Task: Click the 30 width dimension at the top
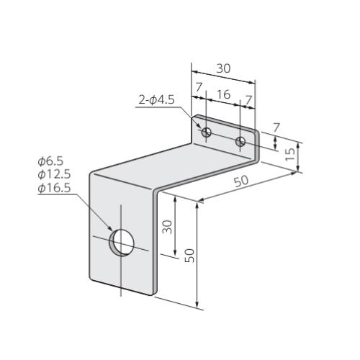click(x=223, y=68)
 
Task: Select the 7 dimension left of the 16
click(x=199, y=87)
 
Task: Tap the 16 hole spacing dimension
click(x=224, y=94)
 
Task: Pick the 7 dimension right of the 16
click(x=248, y=99)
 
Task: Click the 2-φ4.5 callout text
click(x=156, y=100)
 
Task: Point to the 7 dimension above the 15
click(x=276, y=127)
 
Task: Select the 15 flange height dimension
click(x=291, y=154)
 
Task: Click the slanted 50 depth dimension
click(x=241, y=181)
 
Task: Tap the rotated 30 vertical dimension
click(x=167, y=227)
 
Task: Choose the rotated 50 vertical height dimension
click(x=189, y=256)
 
